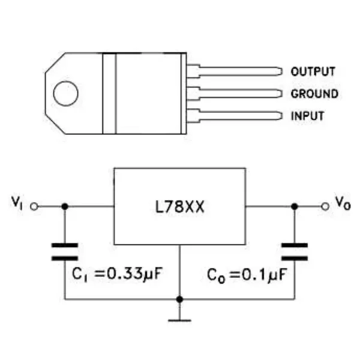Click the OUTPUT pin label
point(313,71)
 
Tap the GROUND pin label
point(314,94)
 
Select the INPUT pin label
point(307,116)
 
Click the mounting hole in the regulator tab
point(65,93)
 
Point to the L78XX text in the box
point(180,206)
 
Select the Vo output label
point(343,204)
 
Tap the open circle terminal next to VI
point(34,206)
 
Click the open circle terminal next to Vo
point(325,206)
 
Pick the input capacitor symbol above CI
point(65,251)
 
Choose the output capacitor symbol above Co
point(294,251)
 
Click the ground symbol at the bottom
point(179,318)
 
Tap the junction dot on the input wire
point(65,206)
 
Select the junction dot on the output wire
point(294,206)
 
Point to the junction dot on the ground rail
point(179,298)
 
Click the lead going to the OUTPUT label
point(240,71)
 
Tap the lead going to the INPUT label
point(240,115)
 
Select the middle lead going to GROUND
point(240,94)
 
